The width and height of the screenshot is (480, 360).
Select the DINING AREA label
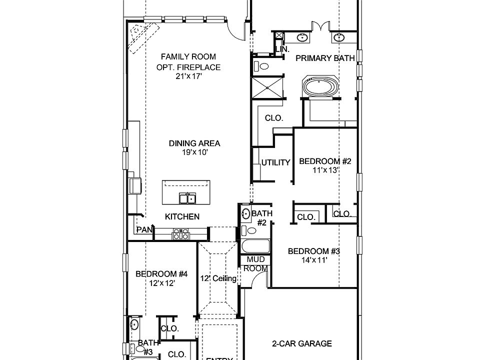coord(194,143)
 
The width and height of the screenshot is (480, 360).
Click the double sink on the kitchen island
coord(187,198)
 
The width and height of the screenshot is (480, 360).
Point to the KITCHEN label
coord(182,216)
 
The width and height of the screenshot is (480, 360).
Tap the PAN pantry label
coord(144,229)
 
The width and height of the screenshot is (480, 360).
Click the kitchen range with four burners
coord(180,234)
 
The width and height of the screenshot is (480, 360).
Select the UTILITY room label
coord(276,162)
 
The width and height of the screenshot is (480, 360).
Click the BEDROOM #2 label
coord(325,161)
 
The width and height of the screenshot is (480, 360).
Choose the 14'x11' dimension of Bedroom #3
coord(314,260)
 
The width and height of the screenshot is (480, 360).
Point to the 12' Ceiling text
coord(218,278)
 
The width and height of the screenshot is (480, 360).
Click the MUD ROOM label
coord(255,263)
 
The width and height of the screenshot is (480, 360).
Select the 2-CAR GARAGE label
coord(301,343)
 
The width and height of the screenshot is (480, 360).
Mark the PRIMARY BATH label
coord(325,58)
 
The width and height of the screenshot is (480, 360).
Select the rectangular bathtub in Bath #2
coord(255,247)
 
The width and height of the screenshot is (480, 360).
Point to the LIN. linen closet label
coord(282,49)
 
